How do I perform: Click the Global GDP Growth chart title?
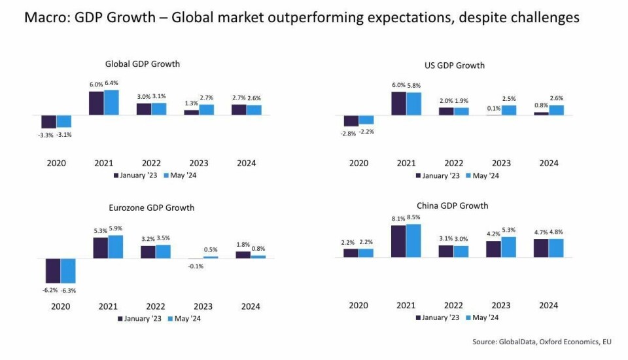point(142,64)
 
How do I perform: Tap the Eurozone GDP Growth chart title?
point(151,208)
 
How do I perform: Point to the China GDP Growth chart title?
point(452,206)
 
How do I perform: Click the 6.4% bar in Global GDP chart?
point(111,103)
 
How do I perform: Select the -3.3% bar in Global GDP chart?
point(48,122)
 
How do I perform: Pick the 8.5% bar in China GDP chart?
point(413,241)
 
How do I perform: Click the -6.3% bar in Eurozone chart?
point(67,271)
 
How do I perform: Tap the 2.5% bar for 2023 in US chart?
point(508,111)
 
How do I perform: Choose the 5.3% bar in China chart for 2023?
point(508,247)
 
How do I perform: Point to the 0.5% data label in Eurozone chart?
point(211,249)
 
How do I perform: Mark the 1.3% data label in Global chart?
point(191,103)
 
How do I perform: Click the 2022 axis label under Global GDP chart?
point(151,163)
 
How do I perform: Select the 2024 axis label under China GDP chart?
point(548,305)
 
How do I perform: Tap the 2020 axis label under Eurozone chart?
point(60,306)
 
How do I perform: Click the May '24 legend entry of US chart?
point(485,175)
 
